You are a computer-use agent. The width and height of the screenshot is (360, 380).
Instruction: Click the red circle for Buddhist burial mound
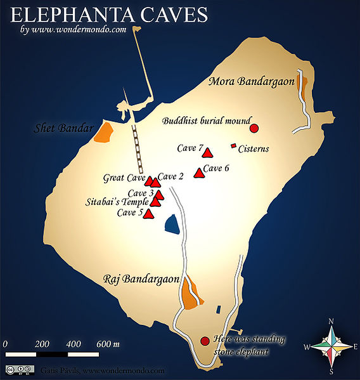254,129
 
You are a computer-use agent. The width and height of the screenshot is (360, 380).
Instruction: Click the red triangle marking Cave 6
199,172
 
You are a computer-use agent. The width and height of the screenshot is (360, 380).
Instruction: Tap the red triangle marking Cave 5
148,214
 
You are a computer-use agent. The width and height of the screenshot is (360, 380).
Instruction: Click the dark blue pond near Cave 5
170,224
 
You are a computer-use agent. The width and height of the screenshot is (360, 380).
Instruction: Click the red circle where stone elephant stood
205,341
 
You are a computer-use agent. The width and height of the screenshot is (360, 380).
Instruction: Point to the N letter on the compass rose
331,321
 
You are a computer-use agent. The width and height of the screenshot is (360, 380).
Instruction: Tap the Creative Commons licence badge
18,369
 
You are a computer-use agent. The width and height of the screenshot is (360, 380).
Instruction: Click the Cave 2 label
170,176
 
